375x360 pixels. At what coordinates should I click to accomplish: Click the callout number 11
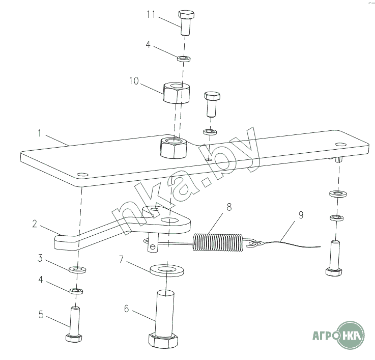[x=151, y=14]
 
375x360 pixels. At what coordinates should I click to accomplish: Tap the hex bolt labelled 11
[x=186, y=23]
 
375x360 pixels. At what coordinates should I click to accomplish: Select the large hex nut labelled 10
[x=177, y=93]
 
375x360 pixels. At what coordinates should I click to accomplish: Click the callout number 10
[x=134, y=81]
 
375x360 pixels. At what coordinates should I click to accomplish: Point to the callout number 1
[x=40, y=133]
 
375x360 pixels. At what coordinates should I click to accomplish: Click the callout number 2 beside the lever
[x=35, y=224]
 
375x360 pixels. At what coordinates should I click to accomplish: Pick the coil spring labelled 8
[x=218, y=242]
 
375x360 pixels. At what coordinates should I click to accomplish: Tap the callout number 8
[x=229, y=207]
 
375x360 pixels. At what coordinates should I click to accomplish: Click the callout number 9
[x=301, y=215]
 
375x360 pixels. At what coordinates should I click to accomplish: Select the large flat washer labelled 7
[x=167, y=270]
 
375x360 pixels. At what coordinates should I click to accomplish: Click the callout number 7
[x=121, y=259]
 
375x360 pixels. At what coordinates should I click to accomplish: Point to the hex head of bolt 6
[x=163, y=340]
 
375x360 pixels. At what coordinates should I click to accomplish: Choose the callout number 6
[x=127, y=309]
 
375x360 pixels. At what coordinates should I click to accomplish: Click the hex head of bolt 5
[x=74, y=338]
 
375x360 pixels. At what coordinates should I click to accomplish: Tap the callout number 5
[x=41, y=315]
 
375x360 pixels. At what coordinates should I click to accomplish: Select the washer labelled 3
[x=77, y=269]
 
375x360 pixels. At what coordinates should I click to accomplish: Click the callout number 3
[x=40, y=258]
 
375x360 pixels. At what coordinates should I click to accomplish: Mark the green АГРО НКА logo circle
[x=351, y=336]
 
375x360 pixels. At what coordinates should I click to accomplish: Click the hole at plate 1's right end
[x=341, y=144]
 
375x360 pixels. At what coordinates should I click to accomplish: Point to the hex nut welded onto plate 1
[x=173, y=148]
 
